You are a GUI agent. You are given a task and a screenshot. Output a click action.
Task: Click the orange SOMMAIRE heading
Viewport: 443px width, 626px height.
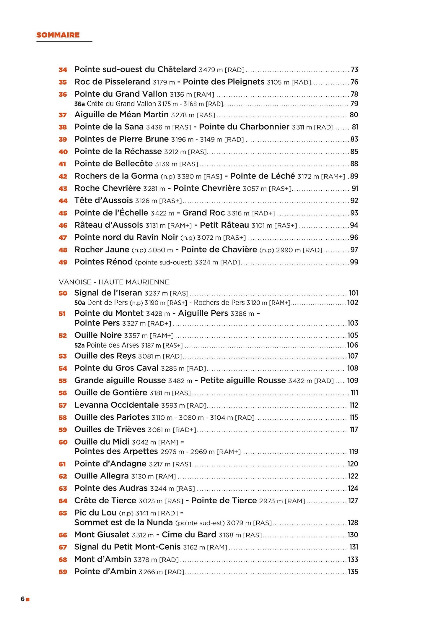click(58, 35)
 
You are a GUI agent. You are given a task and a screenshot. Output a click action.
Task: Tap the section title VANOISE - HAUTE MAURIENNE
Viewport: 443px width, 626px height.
click(114, 282)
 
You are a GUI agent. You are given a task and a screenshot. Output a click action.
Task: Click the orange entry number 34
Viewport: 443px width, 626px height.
click(63, 70)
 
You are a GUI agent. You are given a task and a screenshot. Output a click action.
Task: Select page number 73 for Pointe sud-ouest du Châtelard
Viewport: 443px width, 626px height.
click(354, 70)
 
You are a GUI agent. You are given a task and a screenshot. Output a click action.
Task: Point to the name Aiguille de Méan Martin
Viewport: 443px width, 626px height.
click(121, 115)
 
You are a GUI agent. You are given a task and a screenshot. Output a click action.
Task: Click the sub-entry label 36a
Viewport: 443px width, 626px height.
click(79, 104)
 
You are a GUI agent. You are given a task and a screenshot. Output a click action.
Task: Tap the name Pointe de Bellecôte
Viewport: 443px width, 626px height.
click(113, 164)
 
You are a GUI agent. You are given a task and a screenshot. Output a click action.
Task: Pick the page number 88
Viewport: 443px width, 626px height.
click(354, 164)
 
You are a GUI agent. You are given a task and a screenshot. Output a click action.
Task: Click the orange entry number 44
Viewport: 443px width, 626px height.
click(63, 201)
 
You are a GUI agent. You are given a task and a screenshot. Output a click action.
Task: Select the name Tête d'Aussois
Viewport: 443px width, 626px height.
click(103, 201)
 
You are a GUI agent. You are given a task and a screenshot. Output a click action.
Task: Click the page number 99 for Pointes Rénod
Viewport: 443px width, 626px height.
click(354, 262)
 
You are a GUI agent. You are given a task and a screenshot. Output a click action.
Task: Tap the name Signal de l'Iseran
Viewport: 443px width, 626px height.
click(108, 293)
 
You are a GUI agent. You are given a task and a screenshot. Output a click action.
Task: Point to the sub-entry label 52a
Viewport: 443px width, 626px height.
click(79, 345)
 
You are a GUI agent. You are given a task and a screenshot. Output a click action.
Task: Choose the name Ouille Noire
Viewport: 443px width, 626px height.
click(98, 335)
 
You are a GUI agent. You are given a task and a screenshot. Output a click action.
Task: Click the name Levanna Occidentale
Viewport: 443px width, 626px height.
click(117, 405)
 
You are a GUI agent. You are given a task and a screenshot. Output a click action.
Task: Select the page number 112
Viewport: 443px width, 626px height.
click(354, 405)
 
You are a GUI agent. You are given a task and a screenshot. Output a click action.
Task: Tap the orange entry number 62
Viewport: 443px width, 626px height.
click(63, 476)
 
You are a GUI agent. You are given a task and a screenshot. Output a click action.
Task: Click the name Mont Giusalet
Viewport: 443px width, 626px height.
click(102, 535)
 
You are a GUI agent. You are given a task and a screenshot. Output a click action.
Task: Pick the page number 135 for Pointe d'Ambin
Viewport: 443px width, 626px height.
click(353, 572)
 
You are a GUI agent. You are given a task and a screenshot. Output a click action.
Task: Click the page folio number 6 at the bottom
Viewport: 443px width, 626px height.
click(23, 599)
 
